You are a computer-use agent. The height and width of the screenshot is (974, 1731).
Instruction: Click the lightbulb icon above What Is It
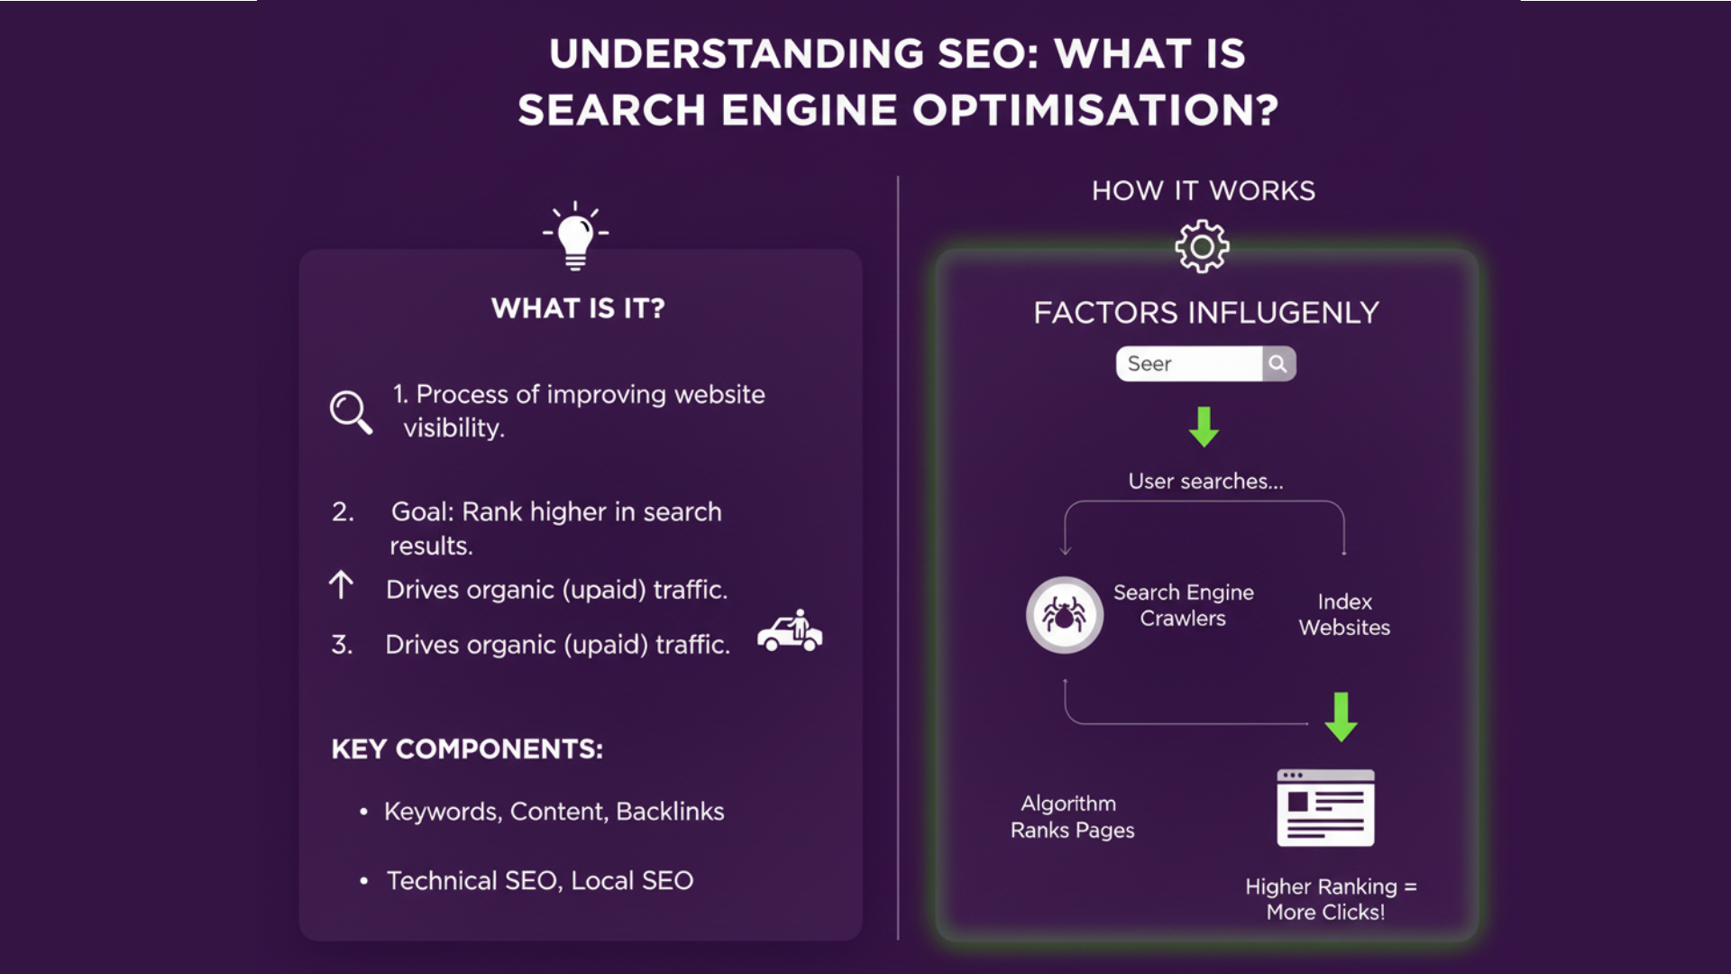[x=575, y=236]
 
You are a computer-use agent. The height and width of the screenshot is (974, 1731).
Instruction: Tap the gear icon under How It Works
[x=1202, y=246]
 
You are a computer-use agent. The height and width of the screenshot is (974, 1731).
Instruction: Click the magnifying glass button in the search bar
[x=1278, y=363]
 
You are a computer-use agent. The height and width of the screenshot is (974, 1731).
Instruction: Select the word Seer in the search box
[x=1149, y=363]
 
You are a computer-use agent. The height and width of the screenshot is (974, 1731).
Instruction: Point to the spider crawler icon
[x=1064, y=615]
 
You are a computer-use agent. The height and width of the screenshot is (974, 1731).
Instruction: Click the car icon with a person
[x=790, y=631]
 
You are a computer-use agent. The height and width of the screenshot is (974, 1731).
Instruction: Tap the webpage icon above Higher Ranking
[x=1325, y=808]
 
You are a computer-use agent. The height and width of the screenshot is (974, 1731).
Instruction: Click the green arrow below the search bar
[x=1204, y=427]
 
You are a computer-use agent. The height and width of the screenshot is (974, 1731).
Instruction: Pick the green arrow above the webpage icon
[x=1341, y=717]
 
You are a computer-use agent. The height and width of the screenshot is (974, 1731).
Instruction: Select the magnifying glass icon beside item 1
[x=350, y=412]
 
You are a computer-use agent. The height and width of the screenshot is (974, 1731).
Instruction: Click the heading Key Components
[x=467, y=749]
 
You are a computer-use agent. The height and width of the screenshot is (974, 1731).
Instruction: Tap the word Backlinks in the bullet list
[x=670, y=812]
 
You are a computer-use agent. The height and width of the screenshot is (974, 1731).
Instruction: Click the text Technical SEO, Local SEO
[x=540, y=880]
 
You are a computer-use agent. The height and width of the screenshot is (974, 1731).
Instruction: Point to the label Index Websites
[x=1344, y=614]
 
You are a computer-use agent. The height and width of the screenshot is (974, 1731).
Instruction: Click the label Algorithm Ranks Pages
[x=1072, y=817]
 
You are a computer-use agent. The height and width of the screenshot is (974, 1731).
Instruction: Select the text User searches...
[x=1205, y=482]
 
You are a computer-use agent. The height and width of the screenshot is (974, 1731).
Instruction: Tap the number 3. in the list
[x=342, y=645]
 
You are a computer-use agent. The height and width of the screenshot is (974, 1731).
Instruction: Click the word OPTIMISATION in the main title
[x=1094, y=110]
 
